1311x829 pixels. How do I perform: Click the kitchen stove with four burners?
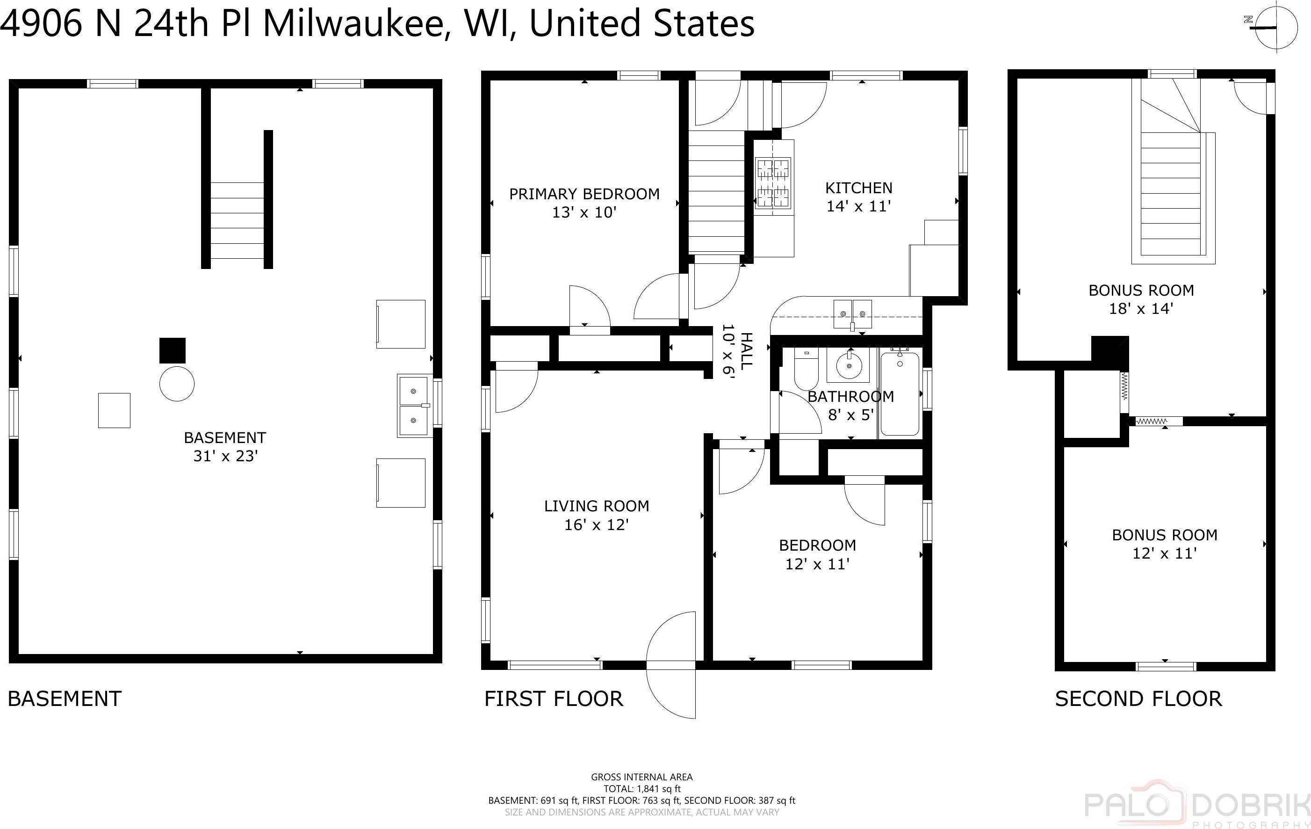click(x=773, y=183)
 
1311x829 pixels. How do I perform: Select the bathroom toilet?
click(x=806, y=369)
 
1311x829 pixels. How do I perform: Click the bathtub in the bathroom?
click(x=900, y=394)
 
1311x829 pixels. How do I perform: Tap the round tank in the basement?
click(x=176, y=384)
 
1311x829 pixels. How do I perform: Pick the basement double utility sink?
click(x=414, y=406)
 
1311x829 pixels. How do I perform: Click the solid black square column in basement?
click(x=172, y=350)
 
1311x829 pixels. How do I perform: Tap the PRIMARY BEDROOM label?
click(x=583, y=194)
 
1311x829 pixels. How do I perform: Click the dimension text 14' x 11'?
click(x=858, y=206)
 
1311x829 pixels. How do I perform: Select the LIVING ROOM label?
click(x=596, y=506)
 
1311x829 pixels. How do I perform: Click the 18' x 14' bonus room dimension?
click(x=1141, y=309)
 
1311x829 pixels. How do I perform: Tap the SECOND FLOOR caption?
click(x=1138, y=699)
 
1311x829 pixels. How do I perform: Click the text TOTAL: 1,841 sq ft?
click(x=641, y=789)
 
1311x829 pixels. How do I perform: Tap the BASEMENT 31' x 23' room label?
click(x=225, y=447)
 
